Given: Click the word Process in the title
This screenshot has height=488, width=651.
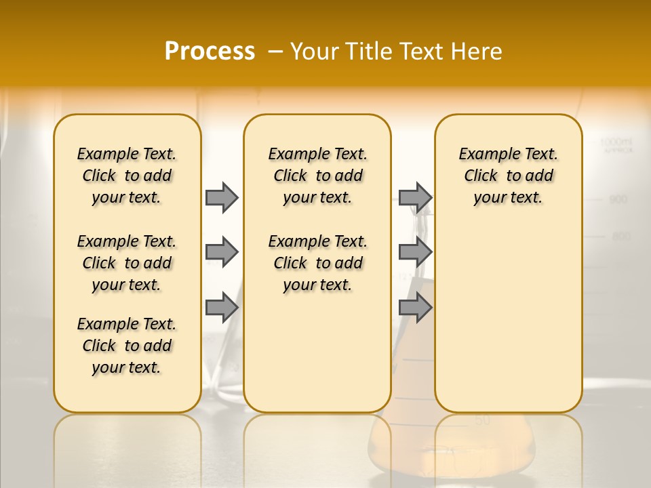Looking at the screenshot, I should (210, 51).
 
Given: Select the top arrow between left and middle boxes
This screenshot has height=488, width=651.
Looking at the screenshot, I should (222, 197).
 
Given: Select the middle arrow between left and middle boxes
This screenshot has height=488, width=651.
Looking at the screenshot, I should (222, 252).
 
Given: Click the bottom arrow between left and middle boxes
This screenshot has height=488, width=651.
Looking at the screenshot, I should (222, 308).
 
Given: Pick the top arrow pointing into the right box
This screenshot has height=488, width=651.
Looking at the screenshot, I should (415, 197).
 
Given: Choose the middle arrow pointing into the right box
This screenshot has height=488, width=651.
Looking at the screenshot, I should (415, 252).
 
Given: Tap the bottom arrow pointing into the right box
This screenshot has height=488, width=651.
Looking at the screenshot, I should (415, 308).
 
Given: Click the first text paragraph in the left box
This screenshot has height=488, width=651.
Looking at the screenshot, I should (127, 176).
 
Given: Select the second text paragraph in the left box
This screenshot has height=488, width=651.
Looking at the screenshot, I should (127, 263).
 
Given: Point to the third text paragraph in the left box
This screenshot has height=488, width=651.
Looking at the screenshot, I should (127, 346).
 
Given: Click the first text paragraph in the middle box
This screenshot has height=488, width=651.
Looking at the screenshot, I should (317, 176).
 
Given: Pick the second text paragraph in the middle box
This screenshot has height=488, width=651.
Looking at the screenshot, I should (317, 263).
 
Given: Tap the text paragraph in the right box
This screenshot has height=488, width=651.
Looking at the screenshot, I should (508, 176).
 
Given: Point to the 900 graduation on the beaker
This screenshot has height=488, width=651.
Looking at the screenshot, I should (618, 199).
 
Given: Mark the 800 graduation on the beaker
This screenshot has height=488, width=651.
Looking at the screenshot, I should (621, 237).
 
